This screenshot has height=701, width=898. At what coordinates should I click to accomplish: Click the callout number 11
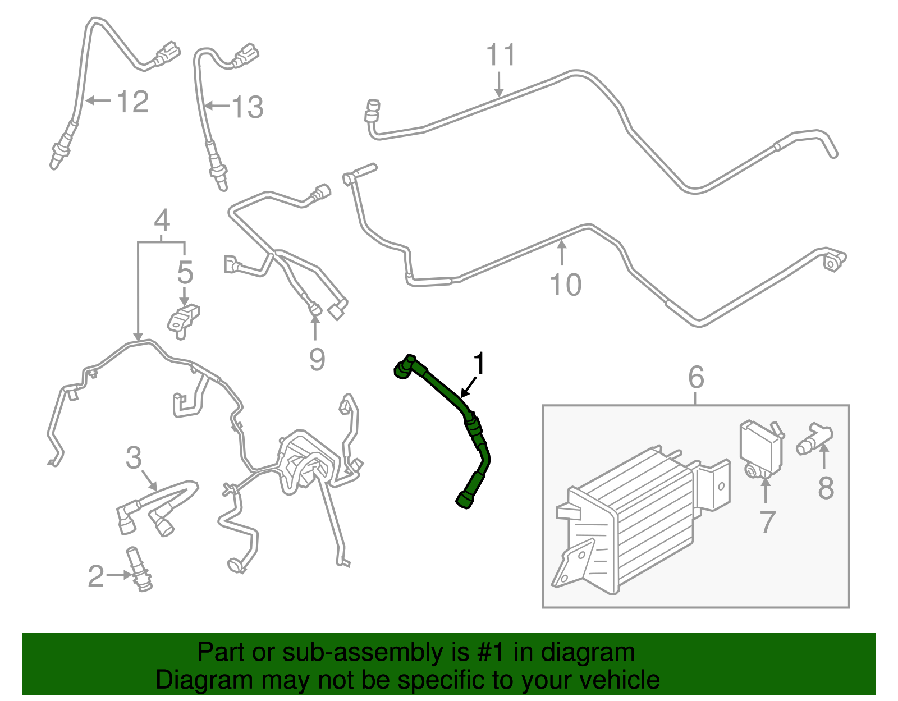(x=501, y=54)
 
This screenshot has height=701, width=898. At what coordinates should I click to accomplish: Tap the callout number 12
(x=132, y=102)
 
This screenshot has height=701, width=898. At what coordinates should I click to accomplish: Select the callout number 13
(x=247, y=107)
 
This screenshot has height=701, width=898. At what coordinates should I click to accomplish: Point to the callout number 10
(x=565, y=285)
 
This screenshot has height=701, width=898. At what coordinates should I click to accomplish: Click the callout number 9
(x=317, y=359)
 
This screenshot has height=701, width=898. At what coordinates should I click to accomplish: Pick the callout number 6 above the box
(x=696, y=377)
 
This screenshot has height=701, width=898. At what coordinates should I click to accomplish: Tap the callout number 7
(x=767, y=522)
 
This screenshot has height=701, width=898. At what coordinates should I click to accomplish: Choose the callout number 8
(x=826, y=487)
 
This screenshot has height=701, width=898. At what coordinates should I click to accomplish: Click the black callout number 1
(x=479, y=364)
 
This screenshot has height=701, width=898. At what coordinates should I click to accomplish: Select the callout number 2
(x=96, y=576)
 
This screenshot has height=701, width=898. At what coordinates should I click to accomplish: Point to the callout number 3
(x=134, y=457)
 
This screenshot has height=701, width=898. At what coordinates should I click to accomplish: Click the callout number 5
(x=185, y=272)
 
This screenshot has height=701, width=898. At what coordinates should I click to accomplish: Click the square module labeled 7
(x=761, y=450)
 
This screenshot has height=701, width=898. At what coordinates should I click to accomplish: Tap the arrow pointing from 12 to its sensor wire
(x=98, y=100)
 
